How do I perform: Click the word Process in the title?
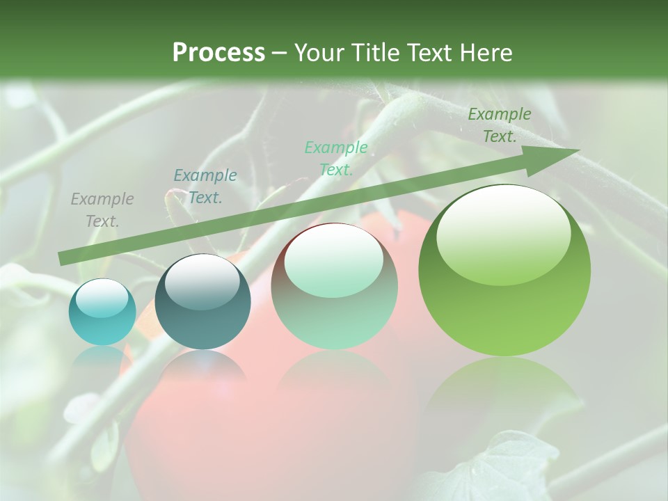pos(218,53)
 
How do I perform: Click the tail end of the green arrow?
pos(63,259)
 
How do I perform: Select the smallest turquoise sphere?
pos(102,312)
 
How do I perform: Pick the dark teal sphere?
pos(202,302)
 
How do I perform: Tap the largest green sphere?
pos(504,271)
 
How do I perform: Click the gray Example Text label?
pos(102,210)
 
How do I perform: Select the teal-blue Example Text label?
pos(205,186)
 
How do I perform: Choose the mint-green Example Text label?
pos(336,158)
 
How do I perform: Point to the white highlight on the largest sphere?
pos(503,233)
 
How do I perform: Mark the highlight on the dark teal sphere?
pos(202,280)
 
